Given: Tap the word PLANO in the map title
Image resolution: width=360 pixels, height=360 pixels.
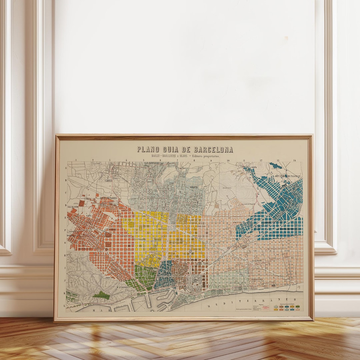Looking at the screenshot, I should click(148, 149).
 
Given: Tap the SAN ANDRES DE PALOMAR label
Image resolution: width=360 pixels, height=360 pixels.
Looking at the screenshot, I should click(287, 176).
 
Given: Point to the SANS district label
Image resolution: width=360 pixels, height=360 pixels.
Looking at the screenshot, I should click(88, 215).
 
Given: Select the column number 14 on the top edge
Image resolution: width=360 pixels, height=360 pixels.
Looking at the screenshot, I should click(294, 160).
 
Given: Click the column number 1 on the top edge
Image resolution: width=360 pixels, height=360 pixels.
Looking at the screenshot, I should click(76, 160).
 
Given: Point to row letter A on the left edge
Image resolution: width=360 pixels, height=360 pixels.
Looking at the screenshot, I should click(66, 168).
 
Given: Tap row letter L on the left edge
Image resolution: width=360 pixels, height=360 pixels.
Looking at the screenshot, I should click(65, 305).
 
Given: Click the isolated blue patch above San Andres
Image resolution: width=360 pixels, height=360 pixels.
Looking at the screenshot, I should click(275, 165).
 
